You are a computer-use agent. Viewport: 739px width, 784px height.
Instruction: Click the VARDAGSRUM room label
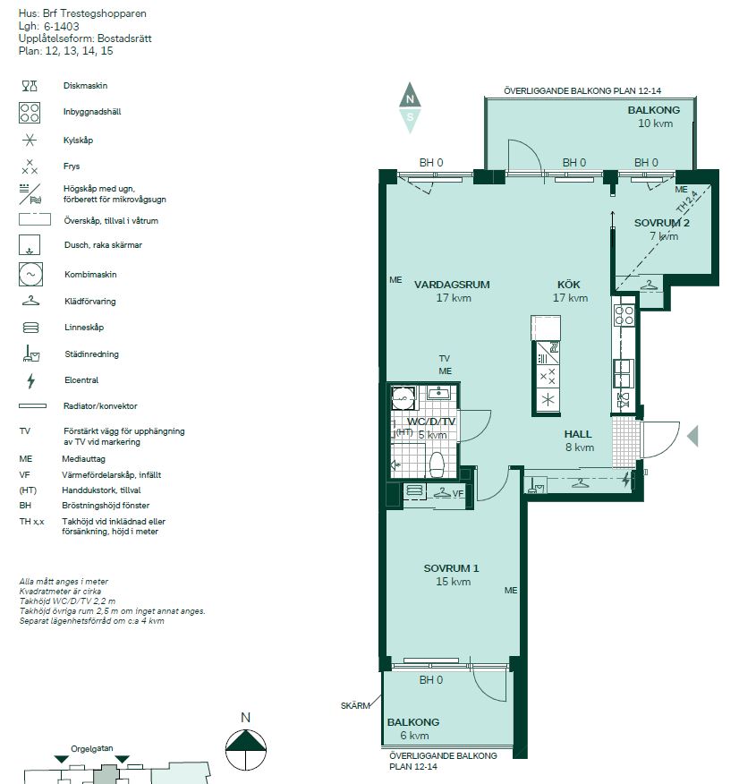452,285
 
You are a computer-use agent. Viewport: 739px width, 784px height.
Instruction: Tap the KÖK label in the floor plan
569,285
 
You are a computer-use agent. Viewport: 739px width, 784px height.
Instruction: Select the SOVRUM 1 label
451,568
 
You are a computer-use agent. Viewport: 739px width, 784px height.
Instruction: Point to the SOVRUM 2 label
661,223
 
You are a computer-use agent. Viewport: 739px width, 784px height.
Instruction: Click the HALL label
578,434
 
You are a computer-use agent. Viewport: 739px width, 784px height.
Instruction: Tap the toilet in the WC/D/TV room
437,465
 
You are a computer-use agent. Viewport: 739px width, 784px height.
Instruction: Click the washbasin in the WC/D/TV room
439,393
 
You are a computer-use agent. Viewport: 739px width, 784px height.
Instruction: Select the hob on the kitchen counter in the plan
624,316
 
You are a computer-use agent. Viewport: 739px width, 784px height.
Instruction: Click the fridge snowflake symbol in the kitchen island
548,400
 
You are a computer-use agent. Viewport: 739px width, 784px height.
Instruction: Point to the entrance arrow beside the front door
693,436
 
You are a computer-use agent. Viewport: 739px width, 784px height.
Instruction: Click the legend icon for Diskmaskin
30,86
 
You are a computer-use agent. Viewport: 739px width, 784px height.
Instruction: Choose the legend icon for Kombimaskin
30,275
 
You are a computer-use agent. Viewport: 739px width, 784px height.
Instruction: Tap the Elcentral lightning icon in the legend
31,381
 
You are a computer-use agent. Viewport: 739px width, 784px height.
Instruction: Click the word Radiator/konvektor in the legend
100,406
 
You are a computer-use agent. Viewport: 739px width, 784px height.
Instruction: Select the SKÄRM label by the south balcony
355,706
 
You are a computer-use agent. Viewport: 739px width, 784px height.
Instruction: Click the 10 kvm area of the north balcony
655,124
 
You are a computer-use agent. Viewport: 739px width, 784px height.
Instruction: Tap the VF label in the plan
458,494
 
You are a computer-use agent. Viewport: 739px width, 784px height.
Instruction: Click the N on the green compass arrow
410,99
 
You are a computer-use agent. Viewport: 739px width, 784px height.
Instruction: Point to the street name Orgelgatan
92,748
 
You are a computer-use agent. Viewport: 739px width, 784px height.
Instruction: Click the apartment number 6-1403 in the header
62,27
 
